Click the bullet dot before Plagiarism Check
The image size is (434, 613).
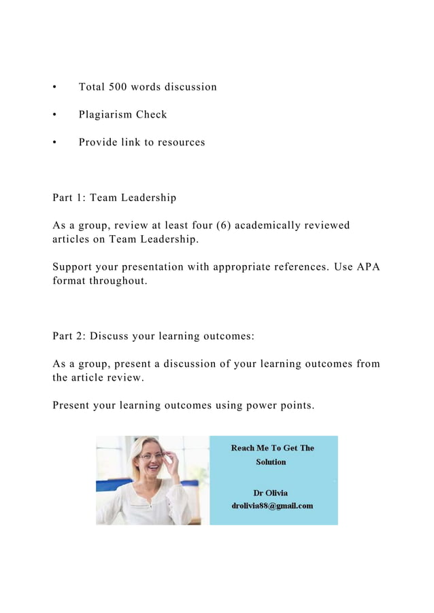point(54,115)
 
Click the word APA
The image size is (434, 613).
point(368,266)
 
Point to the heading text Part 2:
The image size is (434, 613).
point(69,336)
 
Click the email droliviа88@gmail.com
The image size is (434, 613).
point(272,506)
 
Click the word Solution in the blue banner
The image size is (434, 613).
point(271,462)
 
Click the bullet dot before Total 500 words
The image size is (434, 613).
point(54,87)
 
